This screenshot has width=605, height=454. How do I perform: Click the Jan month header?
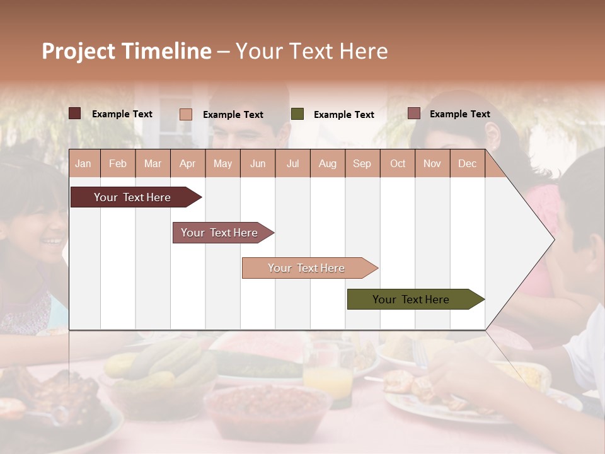click(x=83, y=163)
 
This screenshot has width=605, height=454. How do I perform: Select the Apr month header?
click(x=188, y=163)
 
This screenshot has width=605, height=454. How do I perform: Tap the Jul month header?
click(x=293, y=163)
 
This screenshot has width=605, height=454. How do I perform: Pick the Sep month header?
click(x=362, y=163)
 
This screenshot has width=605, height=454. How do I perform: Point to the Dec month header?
click(x=467, y=163)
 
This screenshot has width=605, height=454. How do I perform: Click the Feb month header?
click(x=118, y=163)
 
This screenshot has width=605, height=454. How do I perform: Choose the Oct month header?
click(x=398, y=163)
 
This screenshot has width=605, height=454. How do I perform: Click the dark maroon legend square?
click(x=75, y=113)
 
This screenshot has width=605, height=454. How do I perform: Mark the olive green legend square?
click(x=297, y=113)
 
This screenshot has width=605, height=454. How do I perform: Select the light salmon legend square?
click(x=186, y=114)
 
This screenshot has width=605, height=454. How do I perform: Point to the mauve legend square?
click(x=413, y=113)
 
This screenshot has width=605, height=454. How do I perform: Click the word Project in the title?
click(x=79, y=51)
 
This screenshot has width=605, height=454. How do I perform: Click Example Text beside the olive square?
click(x=344, y=115)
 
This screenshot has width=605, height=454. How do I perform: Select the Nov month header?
click(x=432, y=163)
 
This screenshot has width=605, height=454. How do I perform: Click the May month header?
click(x=222, y=163)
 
